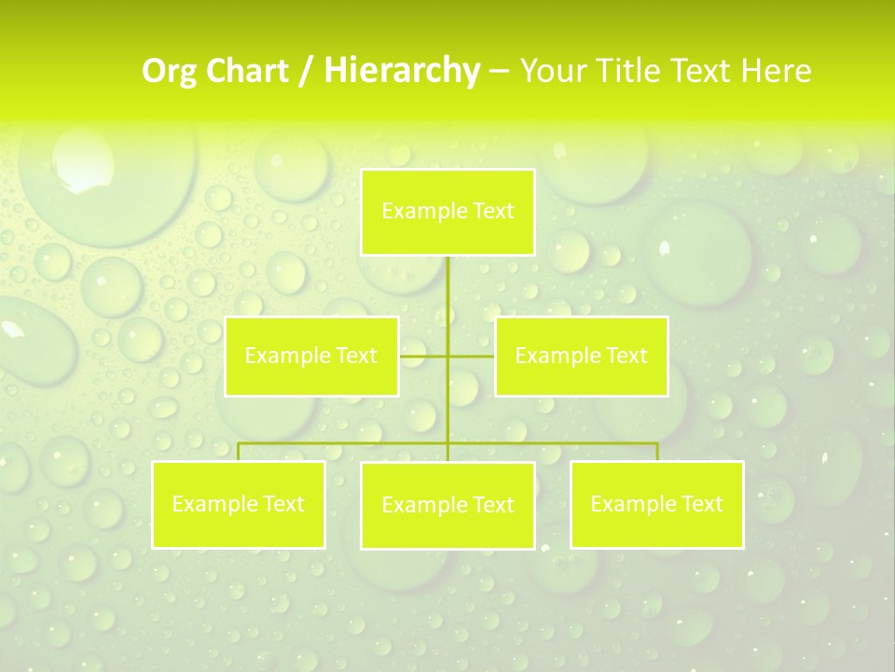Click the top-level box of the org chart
tap(447, 212)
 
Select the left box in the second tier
tap(311, 357)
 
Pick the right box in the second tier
tap(581, 357)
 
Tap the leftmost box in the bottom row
tap(239, 505)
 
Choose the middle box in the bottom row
tap(447, 506)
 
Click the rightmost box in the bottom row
tap(656, 505)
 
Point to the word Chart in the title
tap(248, 71)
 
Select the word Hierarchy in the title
tap(402, 71)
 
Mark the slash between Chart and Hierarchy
tap(307, 71)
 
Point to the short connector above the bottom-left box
tap(239, 452)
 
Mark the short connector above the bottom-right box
tap(657, 452)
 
